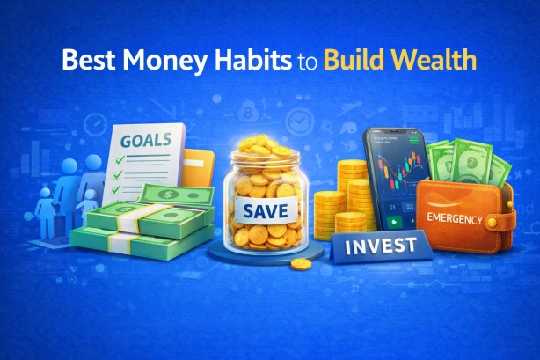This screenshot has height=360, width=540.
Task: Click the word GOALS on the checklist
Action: pos(141,140)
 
